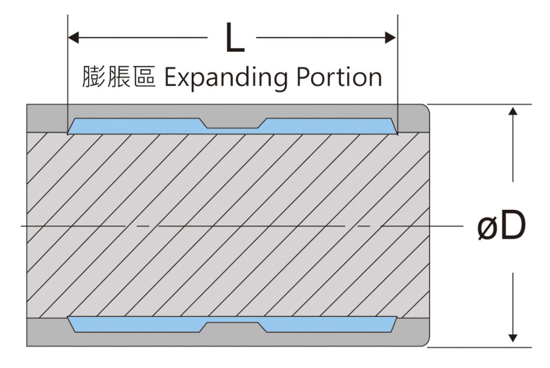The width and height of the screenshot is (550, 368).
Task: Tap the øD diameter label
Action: tap(502, 225)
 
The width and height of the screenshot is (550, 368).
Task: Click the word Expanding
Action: tap(226, 78)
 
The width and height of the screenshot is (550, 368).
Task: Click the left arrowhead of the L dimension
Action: tap(73, 37)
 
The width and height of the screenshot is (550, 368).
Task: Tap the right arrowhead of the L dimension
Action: tap(390, 37)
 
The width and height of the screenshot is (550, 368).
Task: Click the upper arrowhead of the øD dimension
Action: tap(513, 111)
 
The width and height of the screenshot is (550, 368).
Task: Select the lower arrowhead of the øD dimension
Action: tap(513, 337)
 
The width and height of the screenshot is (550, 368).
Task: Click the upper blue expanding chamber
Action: tap(232, 126)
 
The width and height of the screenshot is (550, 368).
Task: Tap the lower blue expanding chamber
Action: tap(232, 324)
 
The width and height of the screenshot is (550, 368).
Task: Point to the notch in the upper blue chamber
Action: tap(233, 123)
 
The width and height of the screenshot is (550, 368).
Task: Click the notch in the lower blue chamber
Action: tap(233, 327)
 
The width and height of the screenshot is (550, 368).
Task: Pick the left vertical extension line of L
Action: tap(67, 74)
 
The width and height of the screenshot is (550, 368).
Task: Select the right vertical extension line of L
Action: tap(398, 74)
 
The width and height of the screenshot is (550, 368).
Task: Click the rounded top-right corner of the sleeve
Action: tap(426, 108)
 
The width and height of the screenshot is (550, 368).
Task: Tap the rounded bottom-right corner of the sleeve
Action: tap(426, 343)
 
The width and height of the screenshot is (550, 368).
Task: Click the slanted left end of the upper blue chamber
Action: tap(71, 126)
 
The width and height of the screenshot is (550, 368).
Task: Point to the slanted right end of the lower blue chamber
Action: tap(394, 324)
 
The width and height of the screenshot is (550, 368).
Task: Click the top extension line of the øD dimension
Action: tap(479, 104)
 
